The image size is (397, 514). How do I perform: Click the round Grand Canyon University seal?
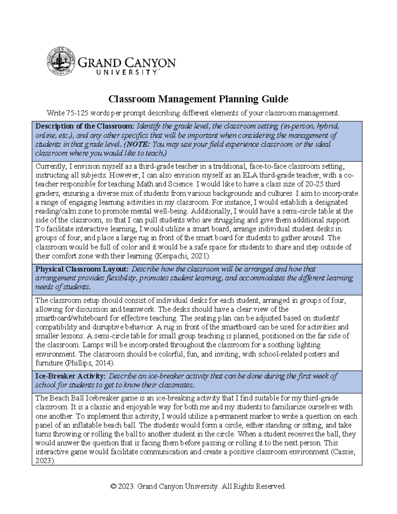click(x=61, y=61)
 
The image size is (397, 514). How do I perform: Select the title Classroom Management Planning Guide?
click(x=198, y=99)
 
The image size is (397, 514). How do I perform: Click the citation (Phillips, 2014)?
click(x=90, y=363)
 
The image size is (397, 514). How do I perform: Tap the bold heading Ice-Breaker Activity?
click(x=70, y=376)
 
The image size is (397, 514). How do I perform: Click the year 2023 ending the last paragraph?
click(x=45, y=461)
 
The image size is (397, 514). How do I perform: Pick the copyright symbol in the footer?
click(x=113, y=486)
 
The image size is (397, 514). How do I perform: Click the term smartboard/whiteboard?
click(x=72, y=318)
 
